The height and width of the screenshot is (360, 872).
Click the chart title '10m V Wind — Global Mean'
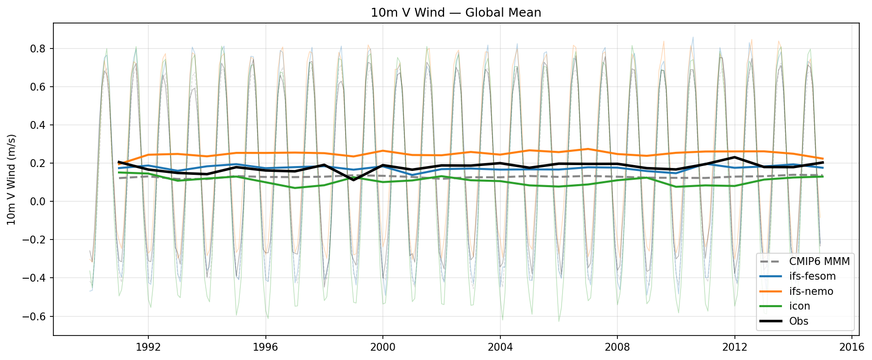point(456,13)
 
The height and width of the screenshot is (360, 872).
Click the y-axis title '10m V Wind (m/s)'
point(12,179)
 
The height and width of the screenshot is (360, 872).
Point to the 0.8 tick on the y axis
point(39,48)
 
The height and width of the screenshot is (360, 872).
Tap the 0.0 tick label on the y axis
point(39,201)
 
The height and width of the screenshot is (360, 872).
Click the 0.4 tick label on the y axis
point(39,125)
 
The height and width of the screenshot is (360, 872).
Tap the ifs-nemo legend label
point(811,291)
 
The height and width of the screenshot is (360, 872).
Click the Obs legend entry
point(799,321)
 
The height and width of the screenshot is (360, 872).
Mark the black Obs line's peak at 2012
point(734,157)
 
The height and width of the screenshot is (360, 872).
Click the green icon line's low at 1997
point(295,188)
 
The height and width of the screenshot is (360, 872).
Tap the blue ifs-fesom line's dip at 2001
point(412,175)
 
